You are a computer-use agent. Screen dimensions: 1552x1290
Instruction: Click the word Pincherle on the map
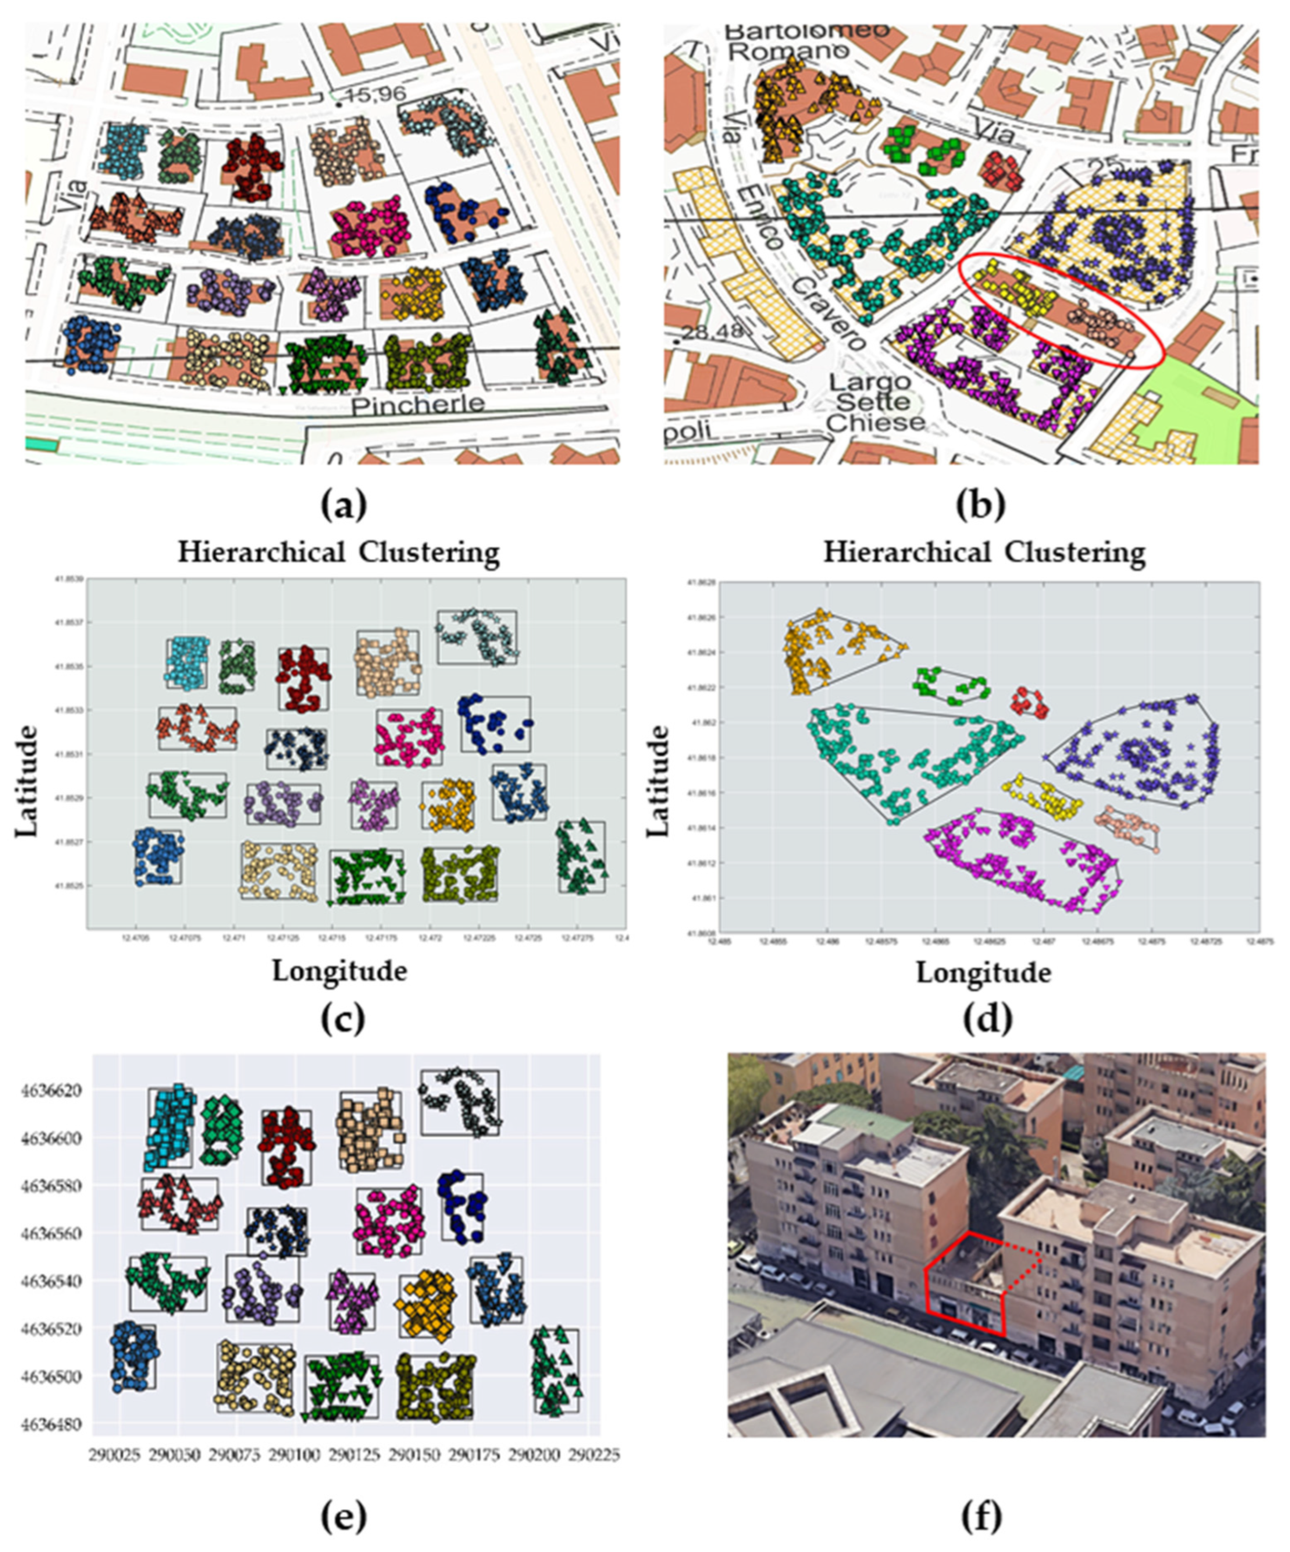(418, 404)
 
